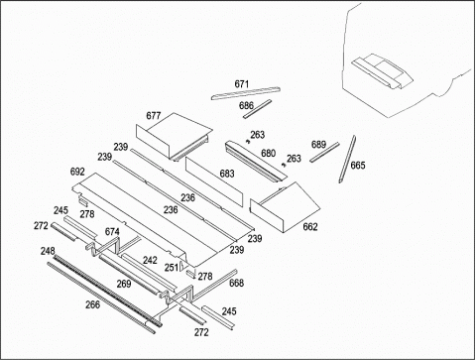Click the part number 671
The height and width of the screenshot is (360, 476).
tap(242, 84)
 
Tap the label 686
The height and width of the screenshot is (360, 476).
tap(246, 105)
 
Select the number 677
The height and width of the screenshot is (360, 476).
tap(154, 116)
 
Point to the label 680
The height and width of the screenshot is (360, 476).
tap(268, 153)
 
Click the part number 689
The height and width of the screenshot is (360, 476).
tap(318, 145)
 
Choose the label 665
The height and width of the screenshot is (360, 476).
tap(358, 165)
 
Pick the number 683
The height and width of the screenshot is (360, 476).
tap(227, 174)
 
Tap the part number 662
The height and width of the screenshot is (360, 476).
tap(310, 226)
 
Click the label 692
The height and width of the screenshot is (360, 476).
tap(77, 172)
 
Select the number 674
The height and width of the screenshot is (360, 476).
tap(112, 232)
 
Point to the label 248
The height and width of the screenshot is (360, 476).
tap(48, 251)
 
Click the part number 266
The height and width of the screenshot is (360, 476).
tap(92, 304)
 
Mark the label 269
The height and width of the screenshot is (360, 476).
tap(124, 284)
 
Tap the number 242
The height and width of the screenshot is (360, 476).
tap(150, 260)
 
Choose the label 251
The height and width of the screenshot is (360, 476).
tap(172, 267)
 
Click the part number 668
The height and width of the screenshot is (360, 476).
tap(236, 283)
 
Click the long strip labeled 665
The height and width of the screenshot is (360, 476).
tap(347, 159)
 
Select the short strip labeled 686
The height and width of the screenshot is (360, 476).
tap(258, 109)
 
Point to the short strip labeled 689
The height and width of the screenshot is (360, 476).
tap(324, 152)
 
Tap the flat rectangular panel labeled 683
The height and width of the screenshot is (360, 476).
tap(214, 181)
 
